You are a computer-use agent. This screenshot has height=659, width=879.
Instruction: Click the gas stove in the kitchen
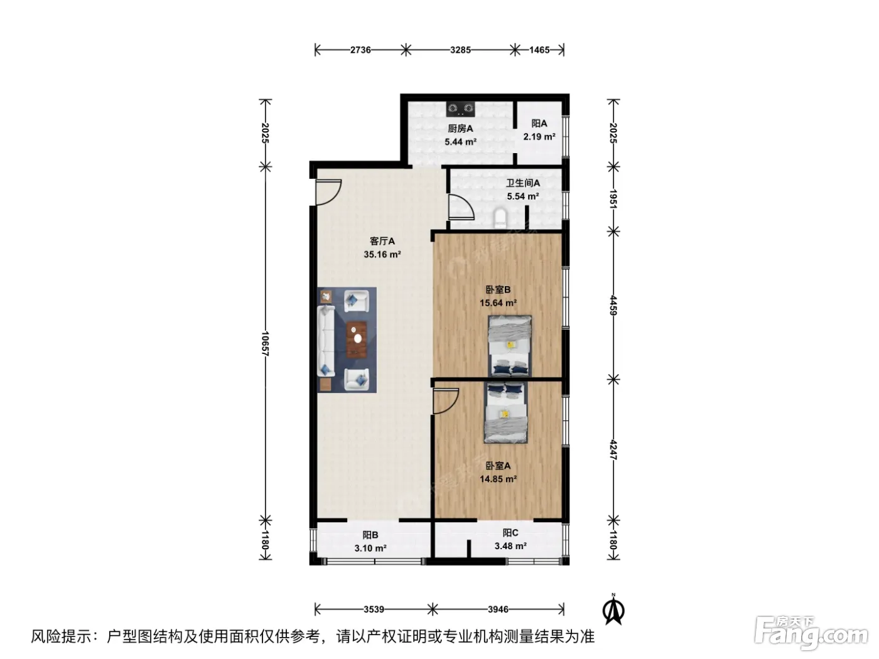click(x=460, y=109)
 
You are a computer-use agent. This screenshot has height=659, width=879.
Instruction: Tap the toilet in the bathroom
click(x=500, y=218)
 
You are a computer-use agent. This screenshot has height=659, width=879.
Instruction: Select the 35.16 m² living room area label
click(x=382, y=254)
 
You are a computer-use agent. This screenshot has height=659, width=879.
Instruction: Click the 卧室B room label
click(x=498, y=290)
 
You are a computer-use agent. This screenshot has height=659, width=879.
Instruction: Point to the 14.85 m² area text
click(x=498, y=479)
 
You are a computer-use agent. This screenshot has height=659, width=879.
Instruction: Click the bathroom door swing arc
click(x=461, y=207)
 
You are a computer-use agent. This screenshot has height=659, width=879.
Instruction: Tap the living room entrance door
click(x=328, y=193)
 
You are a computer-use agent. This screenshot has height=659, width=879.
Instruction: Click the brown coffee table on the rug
click(x=357, y=340)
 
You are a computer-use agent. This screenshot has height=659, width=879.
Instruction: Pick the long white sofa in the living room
click(x=326, y=341)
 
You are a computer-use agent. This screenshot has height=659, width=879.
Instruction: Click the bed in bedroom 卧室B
click(x=509, y=346)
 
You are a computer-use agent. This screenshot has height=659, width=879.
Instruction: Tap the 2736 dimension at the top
click(x=360, y=50)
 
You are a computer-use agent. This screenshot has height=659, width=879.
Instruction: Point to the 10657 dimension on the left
click(x=265, y=344)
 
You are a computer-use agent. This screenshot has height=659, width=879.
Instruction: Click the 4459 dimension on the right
click(x=613, y=305)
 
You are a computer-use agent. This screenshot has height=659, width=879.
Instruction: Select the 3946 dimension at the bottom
click(x=498, y=609)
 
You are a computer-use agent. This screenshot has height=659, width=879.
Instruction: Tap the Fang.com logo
click(x=811, y=634)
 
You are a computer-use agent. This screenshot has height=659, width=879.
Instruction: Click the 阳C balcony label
click(x=510, y=533)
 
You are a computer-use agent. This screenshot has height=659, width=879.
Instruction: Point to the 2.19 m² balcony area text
click(x=539, y=137)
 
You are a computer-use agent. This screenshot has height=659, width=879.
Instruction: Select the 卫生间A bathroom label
click(x=522, y=183)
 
